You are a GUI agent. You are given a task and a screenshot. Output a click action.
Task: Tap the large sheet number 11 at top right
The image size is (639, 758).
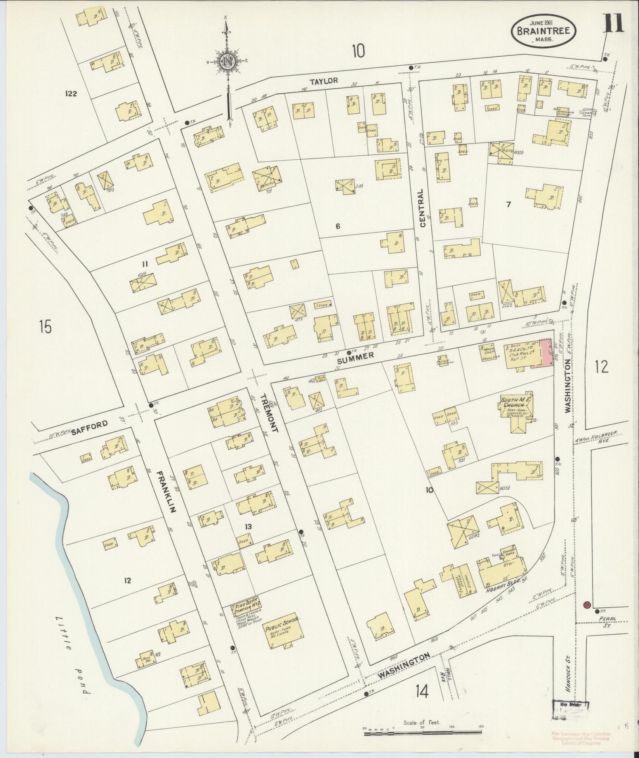[x=613, y=23]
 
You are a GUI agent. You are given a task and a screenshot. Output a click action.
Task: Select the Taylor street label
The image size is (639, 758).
[x=324, y=81]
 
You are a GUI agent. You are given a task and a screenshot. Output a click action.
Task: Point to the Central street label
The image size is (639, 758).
[x=422, y=208]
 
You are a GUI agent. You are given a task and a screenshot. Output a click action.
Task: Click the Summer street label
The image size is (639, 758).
[x=355, y=356]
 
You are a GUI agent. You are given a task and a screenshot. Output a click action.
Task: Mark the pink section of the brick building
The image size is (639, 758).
[x=542, y=353]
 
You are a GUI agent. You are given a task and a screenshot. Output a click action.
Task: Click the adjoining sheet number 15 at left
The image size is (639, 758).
[x=46, y=327]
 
